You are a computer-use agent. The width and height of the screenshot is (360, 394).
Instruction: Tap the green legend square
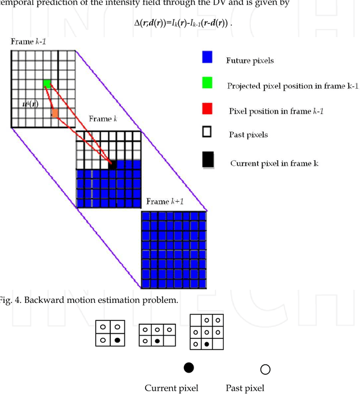coord(207,84)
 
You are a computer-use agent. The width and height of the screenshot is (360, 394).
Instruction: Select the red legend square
coord(207,110)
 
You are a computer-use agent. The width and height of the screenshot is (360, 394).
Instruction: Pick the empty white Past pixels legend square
coord(207,133)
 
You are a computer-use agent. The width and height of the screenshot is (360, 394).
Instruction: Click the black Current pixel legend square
coord(208,161)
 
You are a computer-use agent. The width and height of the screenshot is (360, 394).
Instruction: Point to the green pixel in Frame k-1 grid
coord(47,84)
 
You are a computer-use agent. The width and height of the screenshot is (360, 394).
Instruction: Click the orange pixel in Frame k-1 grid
coord(55,114)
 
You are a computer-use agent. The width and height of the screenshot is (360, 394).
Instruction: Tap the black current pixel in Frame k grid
coord(112,165)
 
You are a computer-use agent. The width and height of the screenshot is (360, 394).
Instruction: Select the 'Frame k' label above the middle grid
coord(103,120)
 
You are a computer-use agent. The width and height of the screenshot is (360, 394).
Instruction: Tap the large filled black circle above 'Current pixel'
coord(189,368)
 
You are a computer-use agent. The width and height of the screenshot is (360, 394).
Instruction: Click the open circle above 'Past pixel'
coord(265,369)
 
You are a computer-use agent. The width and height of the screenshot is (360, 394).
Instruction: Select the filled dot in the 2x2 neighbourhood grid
coord(117,339)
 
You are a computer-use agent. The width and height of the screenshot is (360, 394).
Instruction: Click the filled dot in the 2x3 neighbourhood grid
coord(157,341)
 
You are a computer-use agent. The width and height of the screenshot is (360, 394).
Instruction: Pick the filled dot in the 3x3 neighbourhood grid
coord(208,343)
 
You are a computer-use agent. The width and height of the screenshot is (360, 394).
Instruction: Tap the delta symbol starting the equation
coord(137,23)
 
